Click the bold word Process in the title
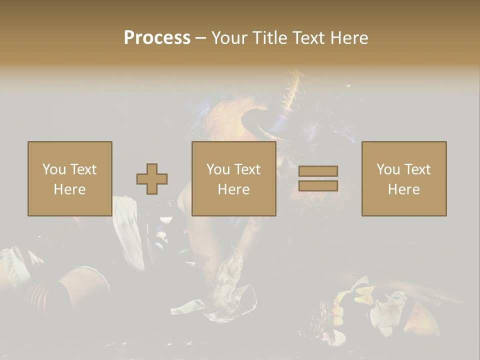pyautogui.click(x=157, y=38)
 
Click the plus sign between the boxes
pyautogui.click(x=152, y=179)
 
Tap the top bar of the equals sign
pyautogui.click(x=318, y=171)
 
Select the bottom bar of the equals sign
pyautogui.click(x=318, y=185)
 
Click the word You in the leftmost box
pyautogui.click(x=54, y=169)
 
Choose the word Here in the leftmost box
pyautogui.click(x=69, y=189)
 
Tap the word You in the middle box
pyautogui.click(x=218, y=169)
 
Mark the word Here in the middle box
pyautogui.click(x=233, y=189)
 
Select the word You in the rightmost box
pyautogui.click(x=388, y=169)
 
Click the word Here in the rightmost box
pyautogui.click(x=403, y=189)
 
